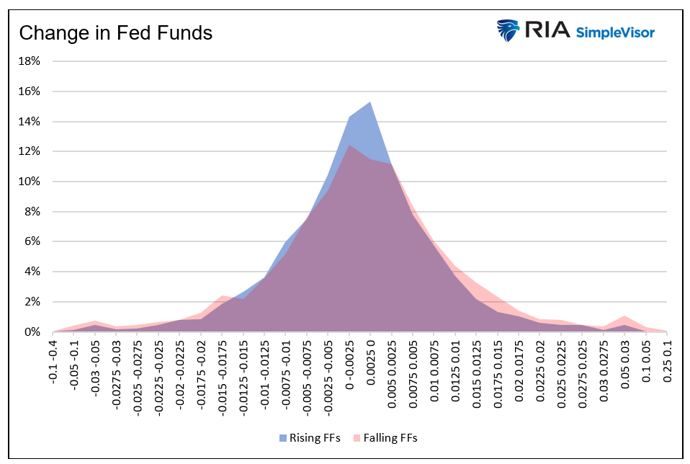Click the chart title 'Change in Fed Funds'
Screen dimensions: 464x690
[x=115, y=33]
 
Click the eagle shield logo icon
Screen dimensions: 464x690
[x=508, y=31]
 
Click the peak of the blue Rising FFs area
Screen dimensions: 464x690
[x=370, y=102]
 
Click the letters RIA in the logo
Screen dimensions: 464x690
[x=547, y=30]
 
